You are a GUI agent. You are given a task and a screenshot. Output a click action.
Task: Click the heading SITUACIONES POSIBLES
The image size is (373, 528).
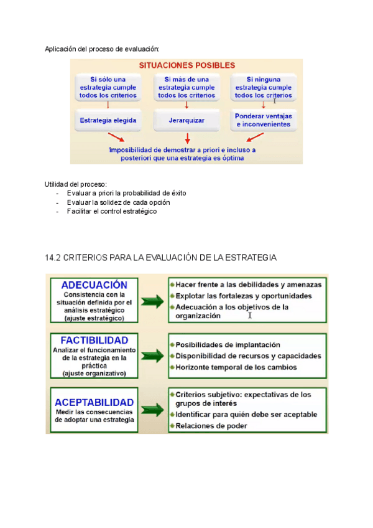pyautogui.click(x=186, y=65)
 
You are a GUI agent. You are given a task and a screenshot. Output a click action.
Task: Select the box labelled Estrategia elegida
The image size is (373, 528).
pyautogui.click(x=108, y=120)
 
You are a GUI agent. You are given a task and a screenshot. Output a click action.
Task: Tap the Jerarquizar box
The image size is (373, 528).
pyautogui.click(x=186, y=120)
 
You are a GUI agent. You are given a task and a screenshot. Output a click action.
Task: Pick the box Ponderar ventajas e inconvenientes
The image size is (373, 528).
pyautogui.click(x=264, y=120)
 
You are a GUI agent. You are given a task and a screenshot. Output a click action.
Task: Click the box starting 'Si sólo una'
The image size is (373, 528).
pyautogui.click(x=108, y=87)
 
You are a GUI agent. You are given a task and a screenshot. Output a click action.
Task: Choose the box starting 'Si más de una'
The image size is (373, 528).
pyautogui.click(x=186, y=87)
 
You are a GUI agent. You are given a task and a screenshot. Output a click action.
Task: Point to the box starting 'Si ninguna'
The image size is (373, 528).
pyautogui.click(x=264, y=87)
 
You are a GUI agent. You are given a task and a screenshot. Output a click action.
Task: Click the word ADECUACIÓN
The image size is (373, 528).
pyautogui.click(x=94, y=285)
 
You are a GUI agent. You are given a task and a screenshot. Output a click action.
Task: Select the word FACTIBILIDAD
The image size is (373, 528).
pyautogui.click(x=94, y=341)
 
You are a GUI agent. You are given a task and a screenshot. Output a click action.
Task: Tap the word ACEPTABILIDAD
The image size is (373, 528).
pyautogui.click(x=94, y=402)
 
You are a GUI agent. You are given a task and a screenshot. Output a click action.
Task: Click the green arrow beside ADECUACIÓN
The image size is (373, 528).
pyautogui.click(x=152, y=302)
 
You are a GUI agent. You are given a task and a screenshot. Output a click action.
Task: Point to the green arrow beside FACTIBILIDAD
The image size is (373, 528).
pyautogui.click(x=152, y=356)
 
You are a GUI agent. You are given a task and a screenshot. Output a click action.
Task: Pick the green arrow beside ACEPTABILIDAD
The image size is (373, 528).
pyautogui.click(x=152, y=410)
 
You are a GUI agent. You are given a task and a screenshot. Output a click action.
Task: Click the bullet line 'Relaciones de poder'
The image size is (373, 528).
pyautogui.click(x=211, y=426)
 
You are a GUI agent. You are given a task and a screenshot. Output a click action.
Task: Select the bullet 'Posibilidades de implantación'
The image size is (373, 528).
pyautogui.click(x=228, y=344)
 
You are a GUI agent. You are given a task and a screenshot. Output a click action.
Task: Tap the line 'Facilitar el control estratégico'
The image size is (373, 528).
pyautogui.click(x=112, y=211)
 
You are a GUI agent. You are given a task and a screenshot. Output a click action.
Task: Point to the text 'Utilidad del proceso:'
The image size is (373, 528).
pyautogui.click(x=76, y=184)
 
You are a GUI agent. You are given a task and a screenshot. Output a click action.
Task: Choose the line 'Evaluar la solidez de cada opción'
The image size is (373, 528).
pyautogui.click(x=118, y=202)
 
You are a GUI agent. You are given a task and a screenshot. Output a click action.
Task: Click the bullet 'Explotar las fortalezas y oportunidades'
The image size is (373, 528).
pyautogui.click(x=244, y=296)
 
